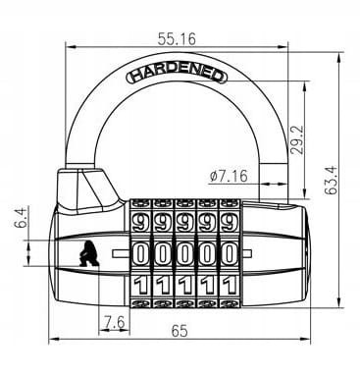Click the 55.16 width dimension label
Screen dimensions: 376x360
pyautogui.click(x=177, y=40)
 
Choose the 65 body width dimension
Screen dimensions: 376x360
pyautogui.click(x=179, y=331)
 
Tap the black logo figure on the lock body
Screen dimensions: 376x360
pyautogui.click(x=89, y=254)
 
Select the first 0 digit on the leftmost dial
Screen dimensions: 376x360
pyautogui.click(x=140, y=253)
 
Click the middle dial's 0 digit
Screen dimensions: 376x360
pyautogui.click(x=184, y=253)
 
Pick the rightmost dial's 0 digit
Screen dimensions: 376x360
pyautogui.click(x=229, y=253)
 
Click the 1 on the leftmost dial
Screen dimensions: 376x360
pyautogui.click(x=140, y=288)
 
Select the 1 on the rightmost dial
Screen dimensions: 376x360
pyautogui.click(x=229, y=288)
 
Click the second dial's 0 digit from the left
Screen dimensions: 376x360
pyautogui.click(x=163, y=253)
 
